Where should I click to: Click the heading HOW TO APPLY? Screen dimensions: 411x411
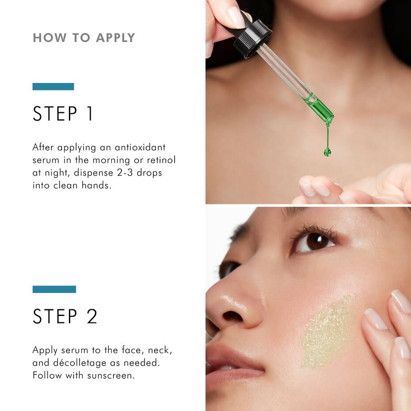[84, 38]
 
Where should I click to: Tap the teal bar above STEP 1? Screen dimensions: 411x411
[53, 87]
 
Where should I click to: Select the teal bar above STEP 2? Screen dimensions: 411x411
[54, 289]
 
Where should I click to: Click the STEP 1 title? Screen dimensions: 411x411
[63, 114]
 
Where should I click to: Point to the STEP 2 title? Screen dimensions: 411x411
[65, 316]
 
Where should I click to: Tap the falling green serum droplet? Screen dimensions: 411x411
[327, 152]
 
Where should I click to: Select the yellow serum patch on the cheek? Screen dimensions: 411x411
[327, 331]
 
